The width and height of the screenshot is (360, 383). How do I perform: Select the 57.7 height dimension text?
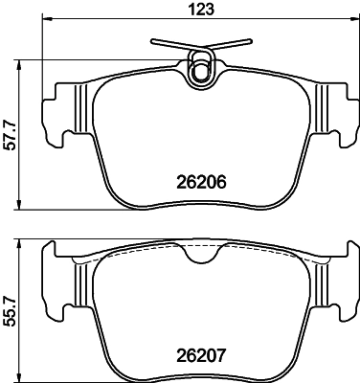10,135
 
